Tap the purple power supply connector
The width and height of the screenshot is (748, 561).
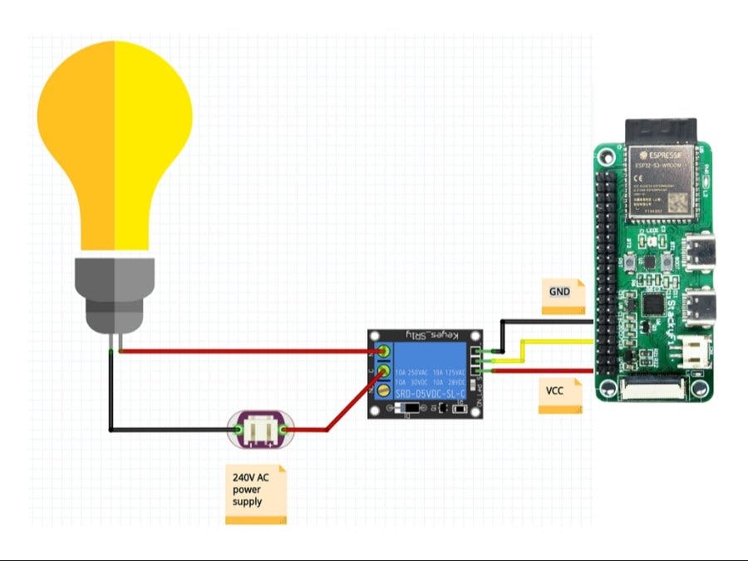coord(259,430)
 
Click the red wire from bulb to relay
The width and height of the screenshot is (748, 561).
coord(249,351)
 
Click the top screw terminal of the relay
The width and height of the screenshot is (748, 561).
coord(384,349)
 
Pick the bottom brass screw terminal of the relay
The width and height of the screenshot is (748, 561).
coord(384,390)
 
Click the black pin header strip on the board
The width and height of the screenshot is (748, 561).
coord(608,249)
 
